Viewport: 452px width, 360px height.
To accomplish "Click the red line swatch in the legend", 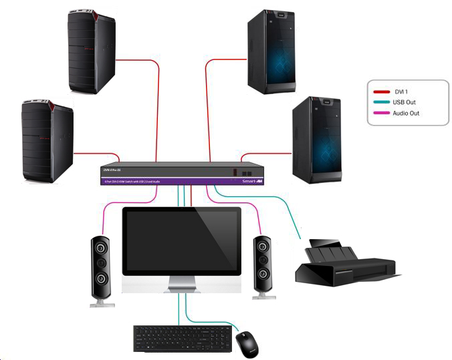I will (382, 92).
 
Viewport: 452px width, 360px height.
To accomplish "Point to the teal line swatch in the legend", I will (382, 102).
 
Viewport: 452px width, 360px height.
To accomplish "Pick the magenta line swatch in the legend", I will (382, 113).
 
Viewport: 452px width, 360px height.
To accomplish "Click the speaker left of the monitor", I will (101, 270).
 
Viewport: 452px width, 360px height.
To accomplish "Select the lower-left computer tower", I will (47, 140).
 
